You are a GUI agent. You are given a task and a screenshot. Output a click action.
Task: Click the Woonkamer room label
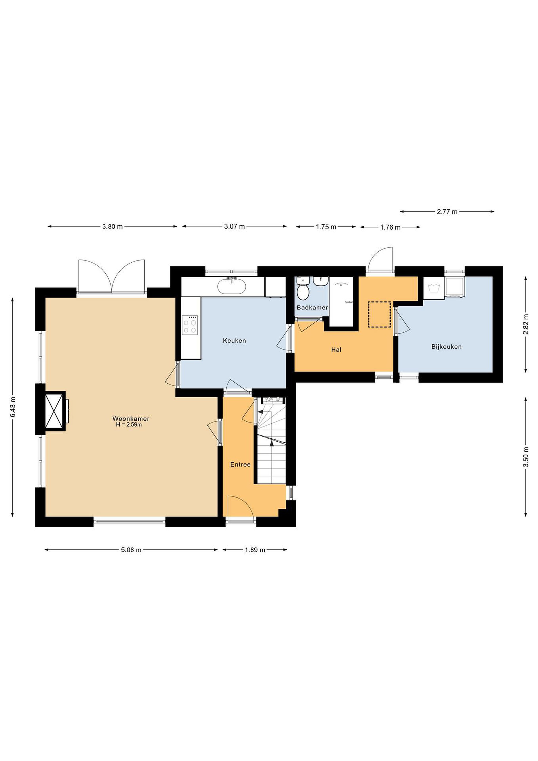point(131,419)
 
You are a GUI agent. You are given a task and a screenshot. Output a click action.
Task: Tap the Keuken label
point(235,340)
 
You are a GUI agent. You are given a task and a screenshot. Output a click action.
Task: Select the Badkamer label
point(312,307)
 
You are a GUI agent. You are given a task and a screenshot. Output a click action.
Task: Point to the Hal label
point(336,349)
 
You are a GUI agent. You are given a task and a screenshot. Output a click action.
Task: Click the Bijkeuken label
point(446,347)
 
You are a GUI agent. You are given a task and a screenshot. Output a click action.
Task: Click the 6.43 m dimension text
point(13,407)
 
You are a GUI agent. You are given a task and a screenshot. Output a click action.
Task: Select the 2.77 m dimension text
point(447,211)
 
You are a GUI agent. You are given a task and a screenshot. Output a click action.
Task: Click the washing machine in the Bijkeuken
point(434,288)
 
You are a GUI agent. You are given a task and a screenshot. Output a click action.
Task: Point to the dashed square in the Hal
point(380,314)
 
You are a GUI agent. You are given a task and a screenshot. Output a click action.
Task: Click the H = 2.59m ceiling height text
point(129,425)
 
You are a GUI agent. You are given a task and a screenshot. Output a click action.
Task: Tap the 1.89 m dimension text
point(255,550)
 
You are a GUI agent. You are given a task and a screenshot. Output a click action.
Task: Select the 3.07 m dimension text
point(235,227)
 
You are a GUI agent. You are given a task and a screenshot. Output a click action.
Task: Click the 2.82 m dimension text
point(526,324)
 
